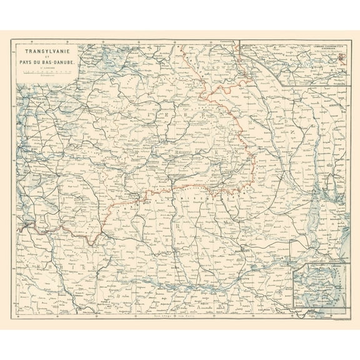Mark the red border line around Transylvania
(187, 186)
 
